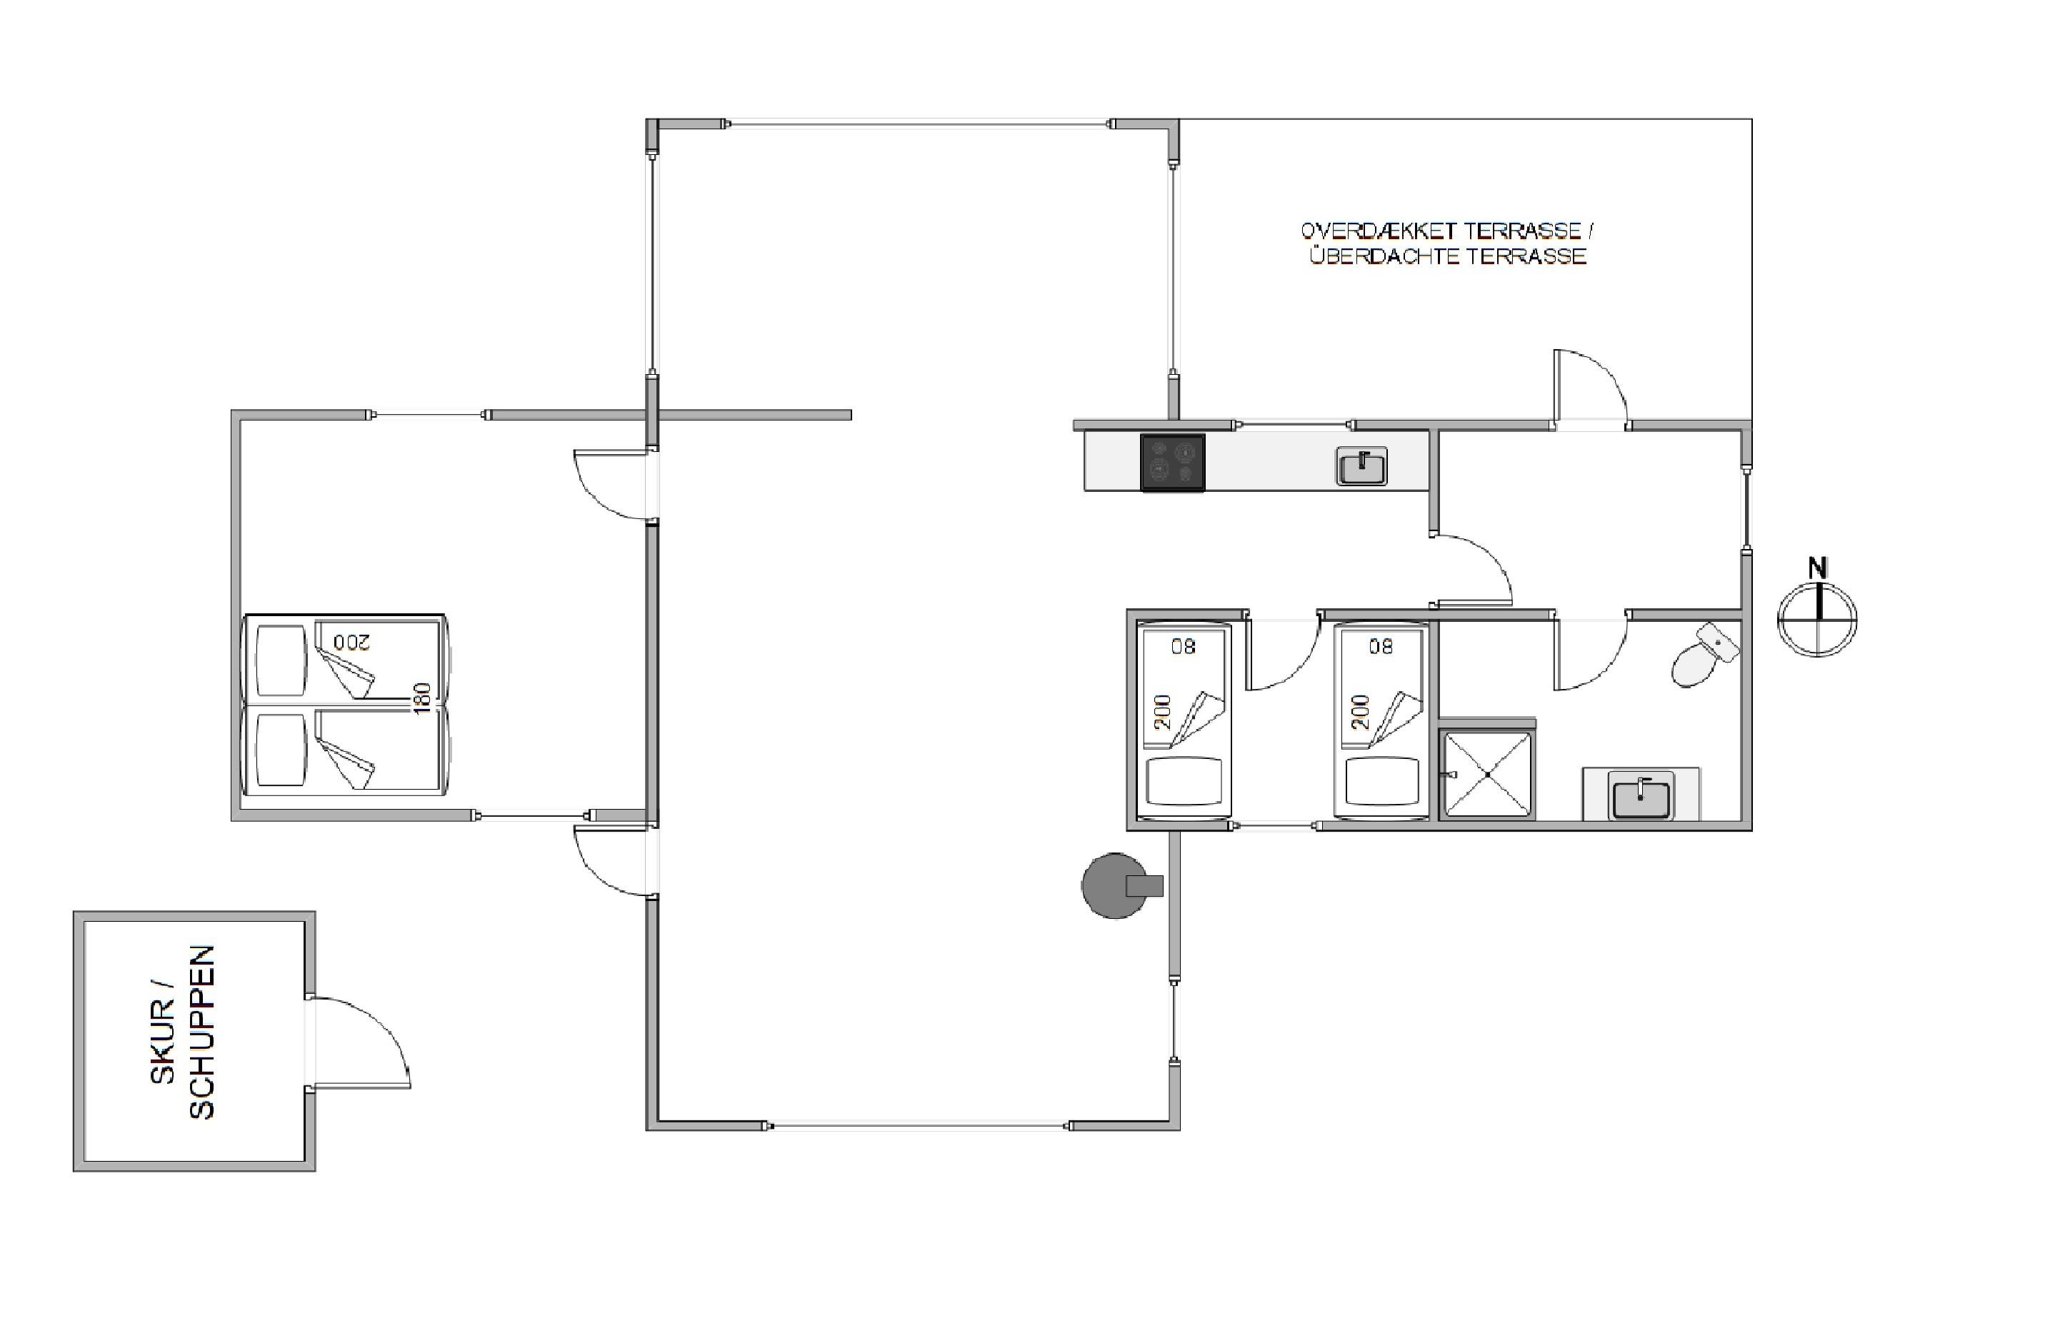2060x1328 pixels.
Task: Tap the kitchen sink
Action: point(1361,466)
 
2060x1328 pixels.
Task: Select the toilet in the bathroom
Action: point(1704,655)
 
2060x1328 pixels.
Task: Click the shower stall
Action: point(1487,773)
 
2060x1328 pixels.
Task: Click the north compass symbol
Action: point(1818,618)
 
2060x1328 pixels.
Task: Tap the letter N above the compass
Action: point(1818,568)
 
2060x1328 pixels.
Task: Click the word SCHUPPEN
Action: point(201,1032)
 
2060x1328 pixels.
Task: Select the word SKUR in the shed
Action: point(162,1042)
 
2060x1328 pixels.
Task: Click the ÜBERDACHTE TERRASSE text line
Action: point(1448,256)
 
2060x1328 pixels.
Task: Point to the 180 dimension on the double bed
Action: point(422,698)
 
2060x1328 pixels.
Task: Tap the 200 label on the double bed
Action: point(351,642)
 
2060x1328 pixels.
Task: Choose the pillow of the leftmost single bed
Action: point(1184,780)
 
